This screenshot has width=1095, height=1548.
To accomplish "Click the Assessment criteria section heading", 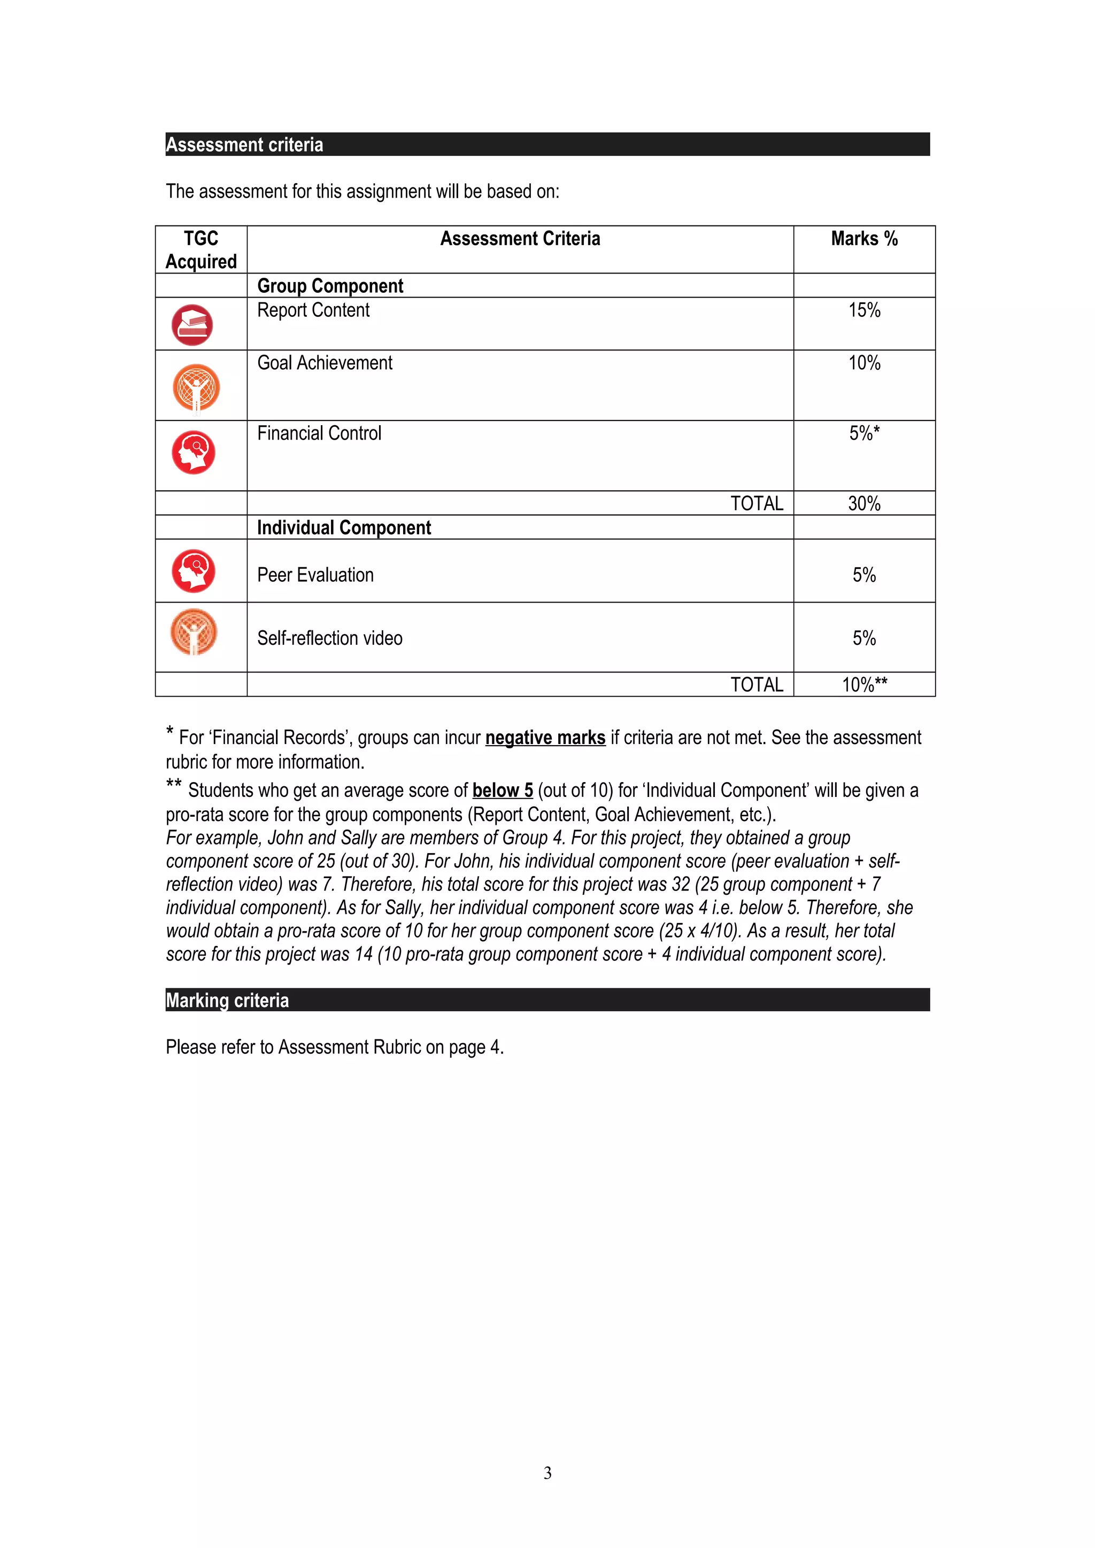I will point(244,145).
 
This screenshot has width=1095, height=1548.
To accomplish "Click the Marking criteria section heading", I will point(227,1000).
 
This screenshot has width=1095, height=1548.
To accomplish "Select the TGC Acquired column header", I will point(201,249).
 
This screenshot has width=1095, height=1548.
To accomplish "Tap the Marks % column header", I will point(863,239).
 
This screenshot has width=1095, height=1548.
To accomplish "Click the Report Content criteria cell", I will point(314,310).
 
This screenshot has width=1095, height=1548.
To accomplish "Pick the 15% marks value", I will point(863,310).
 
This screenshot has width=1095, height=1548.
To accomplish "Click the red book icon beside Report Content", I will point(192,325).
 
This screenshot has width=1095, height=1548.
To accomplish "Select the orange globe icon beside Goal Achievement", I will point(196,387).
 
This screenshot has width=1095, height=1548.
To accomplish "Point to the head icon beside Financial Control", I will point(194,452).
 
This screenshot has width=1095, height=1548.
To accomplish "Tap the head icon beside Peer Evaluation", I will point(194,571).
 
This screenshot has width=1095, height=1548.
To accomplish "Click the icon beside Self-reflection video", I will point(194,632).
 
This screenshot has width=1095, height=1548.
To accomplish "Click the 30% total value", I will point(863,504).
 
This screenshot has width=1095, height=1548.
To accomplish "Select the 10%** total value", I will point(863,685).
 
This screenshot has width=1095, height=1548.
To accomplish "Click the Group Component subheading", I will point(330,286).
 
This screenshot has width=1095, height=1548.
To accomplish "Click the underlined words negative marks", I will point(545,738).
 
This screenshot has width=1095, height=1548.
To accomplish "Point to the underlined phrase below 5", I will point(503,790).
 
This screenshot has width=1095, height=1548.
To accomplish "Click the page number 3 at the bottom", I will point(547,1473).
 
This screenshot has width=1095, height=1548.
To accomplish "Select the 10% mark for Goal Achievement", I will point(863,363).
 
